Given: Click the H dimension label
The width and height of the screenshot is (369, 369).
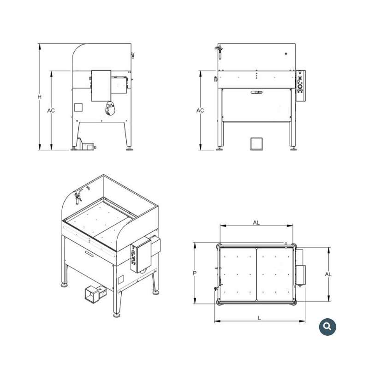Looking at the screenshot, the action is (40, 97).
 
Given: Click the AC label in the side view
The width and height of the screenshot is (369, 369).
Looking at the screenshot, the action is (51, 110).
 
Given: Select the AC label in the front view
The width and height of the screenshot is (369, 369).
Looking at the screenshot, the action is (200, 110).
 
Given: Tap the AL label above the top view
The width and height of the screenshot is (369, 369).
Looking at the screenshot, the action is (256, 222).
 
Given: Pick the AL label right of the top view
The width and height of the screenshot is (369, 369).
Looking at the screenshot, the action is (328, 274).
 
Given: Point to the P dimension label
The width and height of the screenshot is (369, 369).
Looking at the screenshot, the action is (195, 273).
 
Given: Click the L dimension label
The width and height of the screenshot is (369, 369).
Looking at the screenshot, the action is (260, 318).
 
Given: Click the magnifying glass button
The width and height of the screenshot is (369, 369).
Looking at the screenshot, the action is (327, 327).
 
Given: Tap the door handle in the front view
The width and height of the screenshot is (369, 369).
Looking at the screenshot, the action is (256, 92).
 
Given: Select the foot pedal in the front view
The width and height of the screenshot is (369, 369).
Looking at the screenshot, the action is (256, 143).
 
